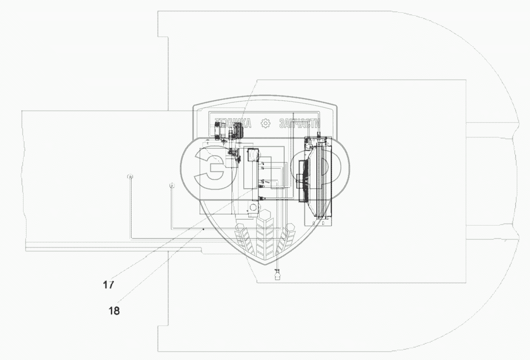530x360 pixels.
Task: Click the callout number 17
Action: coord(108,285)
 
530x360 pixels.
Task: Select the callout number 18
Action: coord(114,311)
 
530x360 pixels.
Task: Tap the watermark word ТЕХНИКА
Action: coord(233,124)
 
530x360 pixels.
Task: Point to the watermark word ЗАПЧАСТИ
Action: coord(299,124)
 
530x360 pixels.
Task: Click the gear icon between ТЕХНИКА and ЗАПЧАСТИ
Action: coord(265,124)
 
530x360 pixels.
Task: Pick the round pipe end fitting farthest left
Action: coord(130,176)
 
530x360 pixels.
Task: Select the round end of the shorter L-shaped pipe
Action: coord(172,185)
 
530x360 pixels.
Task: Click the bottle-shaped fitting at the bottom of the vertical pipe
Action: coord(278,274)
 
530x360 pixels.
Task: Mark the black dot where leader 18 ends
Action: coord(203,229)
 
